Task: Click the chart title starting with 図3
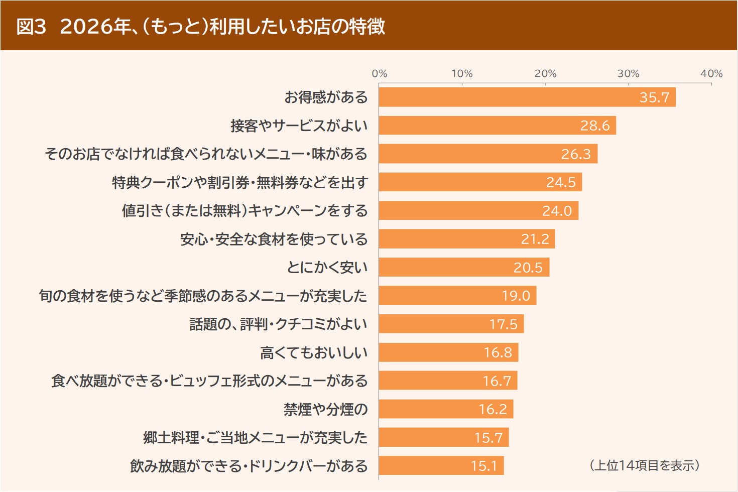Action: (201, 26)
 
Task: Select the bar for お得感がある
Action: (527, 97)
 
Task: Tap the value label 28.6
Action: (595, 126)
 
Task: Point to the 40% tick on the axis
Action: (711, 74)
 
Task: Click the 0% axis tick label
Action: (380, 74)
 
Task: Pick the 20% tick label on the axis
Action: (545, 74)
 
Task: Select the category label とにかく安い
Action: (327, 268)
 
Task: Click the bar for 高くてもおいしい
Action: (448, 352)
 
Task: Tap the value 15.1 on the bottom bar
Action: (483, 466)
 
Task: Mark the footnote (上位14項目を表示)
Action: (644, 465)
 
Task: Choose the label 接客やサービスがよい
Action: (299, 126)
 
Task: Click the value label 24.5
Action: (561, 182)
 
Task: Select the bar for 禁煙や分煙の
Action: (446, 409)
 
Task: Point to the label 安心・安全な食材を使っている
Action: (274, 239)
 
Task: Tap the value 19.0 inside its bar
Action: (516, 296)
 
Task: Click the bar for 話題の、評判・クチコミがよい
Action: (451, 324)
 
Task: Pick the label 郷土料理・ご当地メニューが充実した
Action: (255, 438)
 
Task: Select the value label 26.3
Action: (576, 154)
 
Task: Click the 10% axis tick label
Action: (462, 74)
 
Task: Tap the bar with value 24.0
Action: (478, 211)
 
